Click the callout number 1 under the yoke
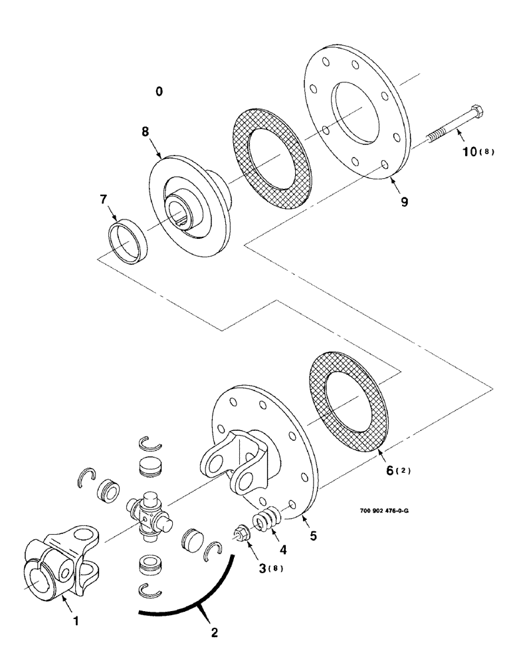click(x=76, y=621)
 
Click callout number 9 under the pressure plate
click(x=405, y=199)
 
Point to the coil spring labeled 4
click(x=267, y=519)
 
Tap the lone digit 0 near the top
click(x=159, y=91)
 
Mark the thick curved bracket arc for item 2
click(x=199, y=598)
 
